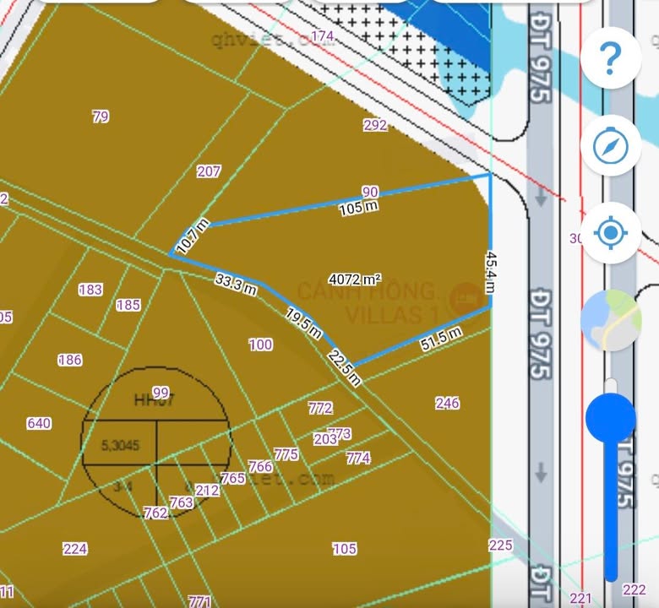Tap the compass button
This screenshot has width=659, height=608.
tap(609, 147)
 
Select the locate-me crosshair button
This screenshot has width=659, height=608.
tap(609, 232)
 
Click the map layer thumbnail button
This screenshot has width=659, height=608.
tap(609, 320)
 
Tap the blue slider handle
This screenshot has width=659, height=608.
tap(609, 416)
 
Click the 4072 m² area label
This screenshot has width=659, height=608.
tap(355, 279)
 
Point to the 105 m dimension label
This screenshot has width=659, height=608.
tap(357, 207)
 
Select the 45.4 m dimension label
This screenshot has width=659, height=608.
tap(490, 272)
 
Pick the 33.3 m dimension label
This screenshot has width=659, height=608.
tap(236, 284)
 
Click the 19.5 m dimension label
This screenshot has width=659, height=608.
tap(303, 320)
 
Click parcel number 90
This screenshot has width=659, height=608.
tap(370, 192)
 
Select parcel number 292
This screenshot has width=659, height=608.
tap(375, 125)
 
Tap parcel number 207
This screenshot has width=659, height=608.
tap(209, 171)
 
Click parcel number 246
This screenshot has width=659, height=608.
tap(448, 403)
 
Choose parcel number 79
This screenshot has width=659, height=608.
tap(101, 117)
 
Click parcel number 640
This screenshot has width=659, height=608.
tap(39, 423)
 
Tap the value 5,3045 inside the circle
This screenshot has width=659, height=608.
tap(120, 444)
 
